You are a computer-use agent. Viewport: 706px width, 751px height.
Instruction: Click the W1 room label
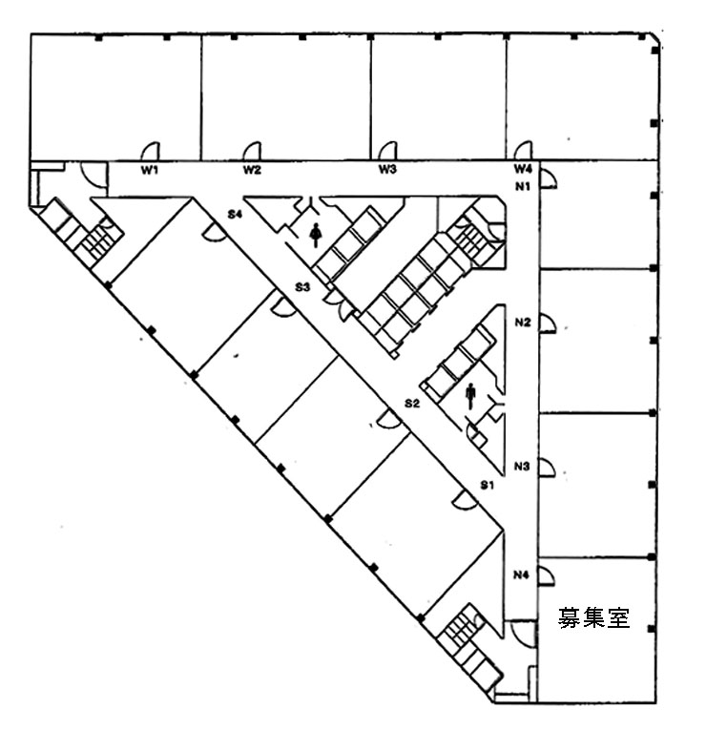[150, 170]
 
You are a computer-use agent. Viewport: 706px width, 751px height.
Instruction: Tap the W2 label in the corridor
[252, 170]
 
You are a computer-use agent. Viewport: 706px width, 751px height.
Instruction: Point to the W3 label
[387, 169]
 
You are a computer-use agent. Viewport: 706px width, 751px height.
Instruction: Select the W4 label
[523, 169]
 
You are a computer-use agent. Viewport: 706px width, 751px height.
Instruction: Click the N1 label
[523, 187]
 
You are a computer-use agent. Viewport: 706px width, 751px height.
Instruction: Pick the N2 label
[523, 323]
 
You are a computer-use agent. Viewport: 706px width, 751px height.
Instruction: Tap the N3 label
[522, 466]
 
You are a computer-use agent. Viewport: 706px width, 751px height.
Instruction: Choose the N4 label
[521, 574]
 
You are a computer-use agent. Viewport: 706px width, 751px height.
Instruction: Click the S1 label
[488, 485]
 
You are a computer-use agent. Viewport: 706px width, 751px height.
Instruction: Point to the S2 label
[412, 404]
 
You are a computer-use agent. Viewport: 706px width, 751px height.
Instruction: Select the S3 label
[302, 287]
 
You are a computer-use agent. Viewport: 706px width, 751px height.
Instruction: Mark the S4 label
[234, 214]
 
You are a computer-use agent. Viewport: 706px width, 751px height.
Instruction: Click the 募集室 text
[593, 617]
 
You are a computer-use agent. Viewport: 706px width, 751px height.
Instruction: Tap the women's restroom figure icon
[315, 235]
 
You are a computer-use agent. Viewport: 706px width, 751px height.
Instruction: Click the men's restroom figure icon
[470, 396]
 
